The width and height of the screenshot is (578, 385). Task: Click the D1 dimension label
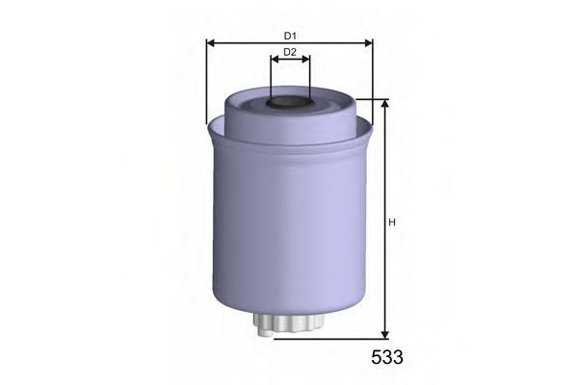pos(289,37)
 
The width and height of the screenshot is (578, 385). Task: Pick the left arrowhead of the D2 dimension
pos(274,58)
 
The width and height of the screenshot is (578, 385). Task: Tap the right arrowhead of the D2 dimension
pos(306,58)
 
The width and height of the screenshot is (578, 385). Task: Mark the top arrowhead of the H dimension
pos(384,104)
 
